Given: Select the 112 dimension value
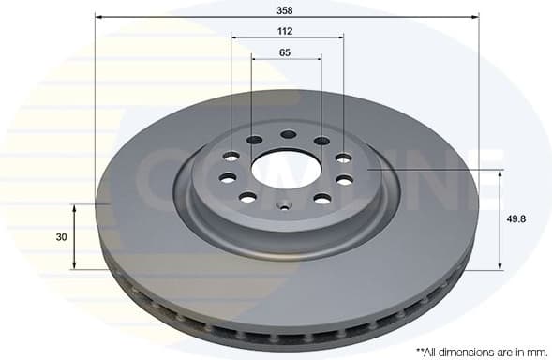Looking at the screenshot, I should (x=285, y=31).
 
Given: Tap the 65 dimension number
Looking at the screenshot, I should (x=285, y=52).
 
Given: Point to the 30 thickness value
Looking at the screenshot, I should (x=62, y=237).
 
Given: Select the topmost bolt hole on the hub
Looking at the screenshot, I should (x=287, y=134).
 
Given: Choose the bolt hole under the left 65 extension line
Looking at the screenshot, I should (x=254, y=141).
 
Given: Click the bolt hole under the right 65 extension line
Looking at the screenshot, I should (x=321, y=141).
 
